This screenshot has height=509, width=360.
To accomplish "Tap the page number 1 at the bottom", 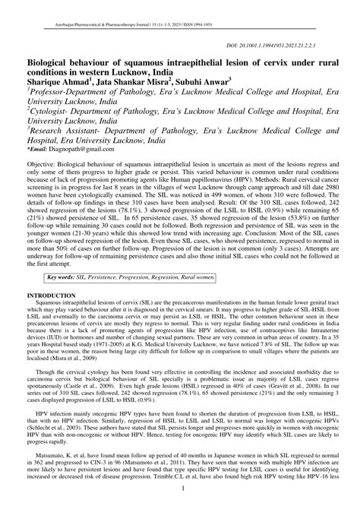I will click(180, 501).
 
